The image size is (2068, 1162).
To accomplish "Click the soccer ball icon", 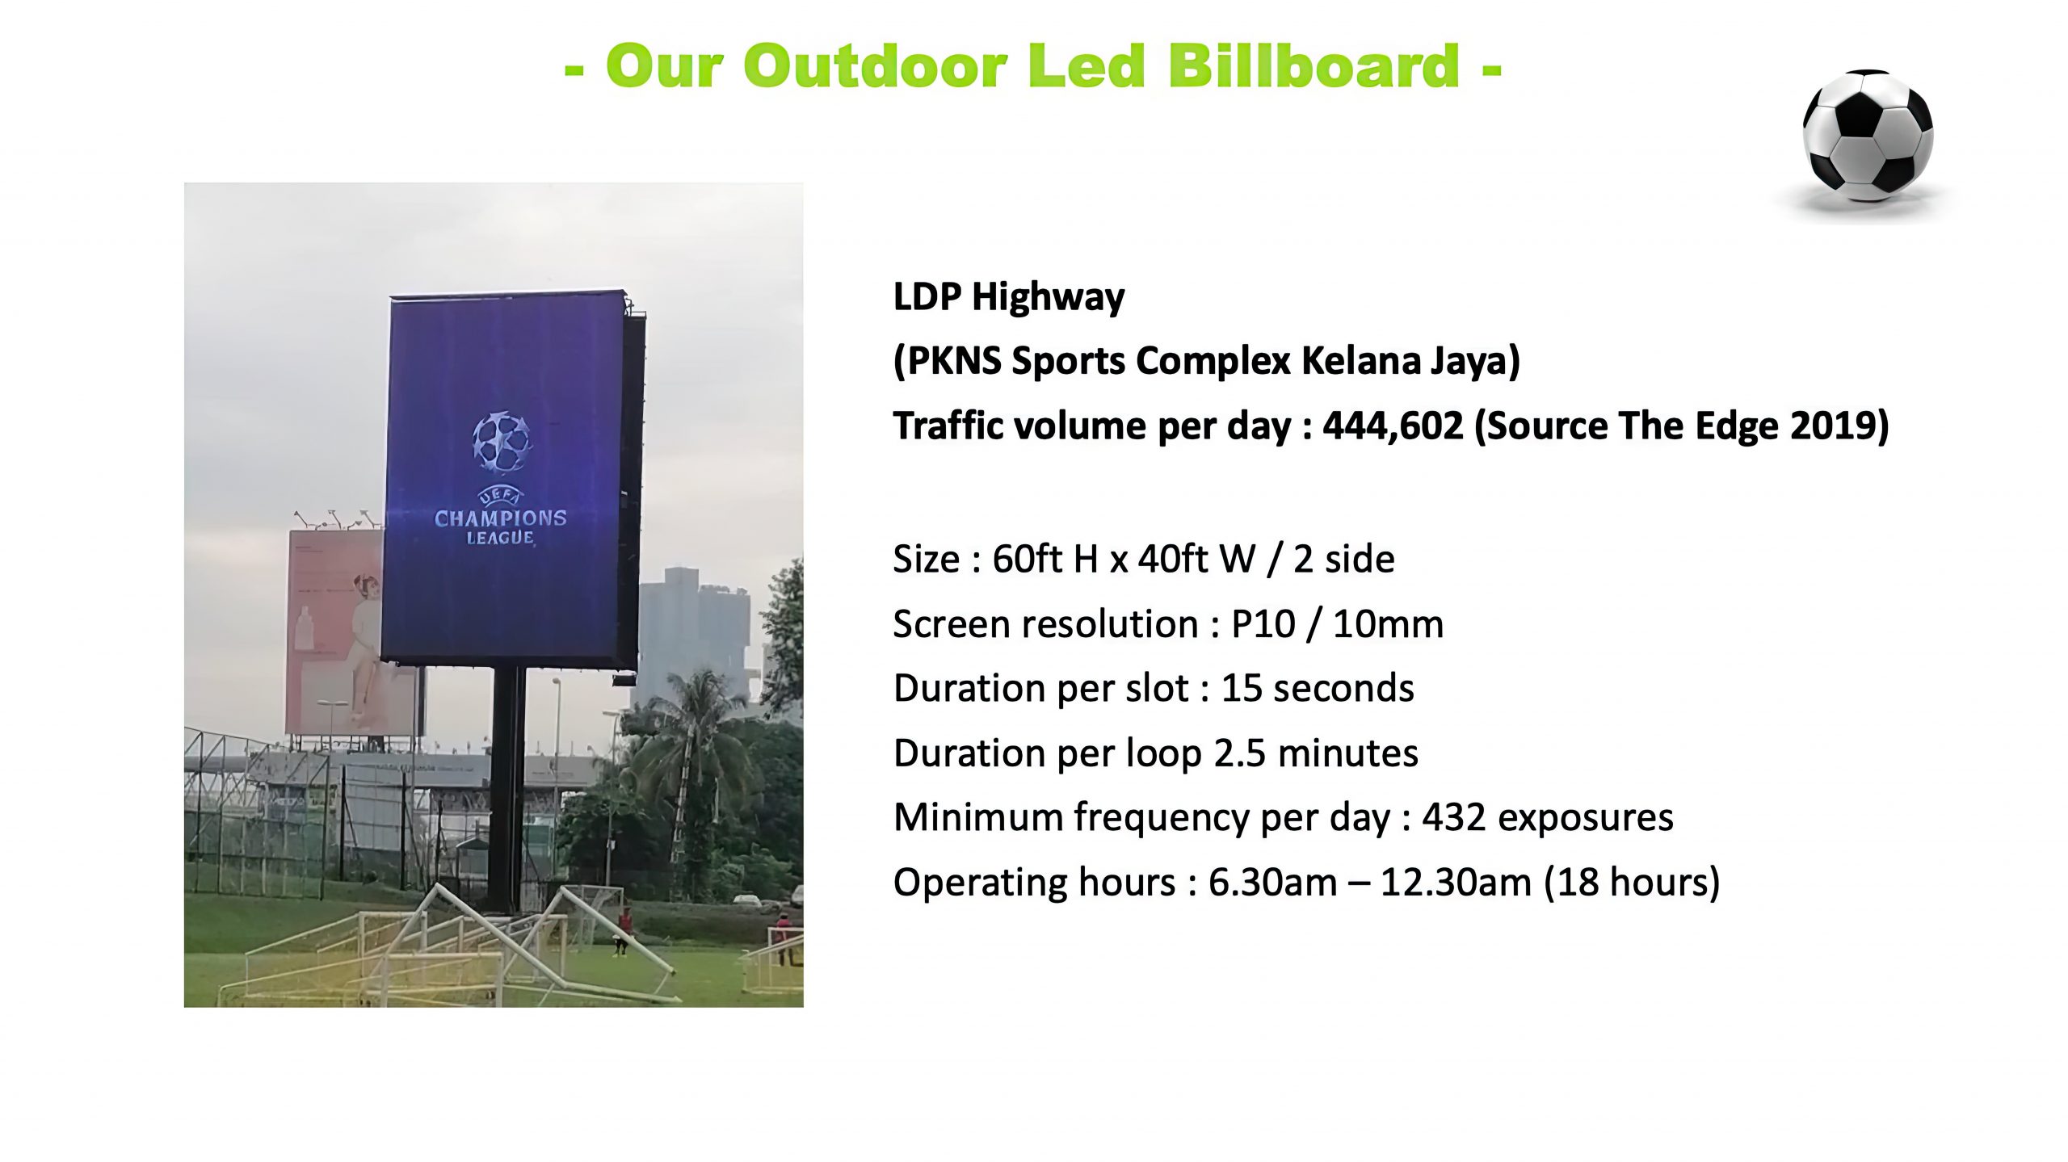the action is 1868,136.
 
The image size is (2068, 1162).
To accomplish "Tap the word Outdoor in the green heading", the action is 876,65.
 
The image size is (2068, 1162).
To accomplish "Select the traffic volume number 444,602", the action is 1393,426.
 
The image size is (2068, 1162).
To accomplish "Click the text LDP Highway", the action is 1008,298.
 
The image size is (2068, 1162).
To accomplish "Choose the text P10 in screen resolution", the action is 1263,623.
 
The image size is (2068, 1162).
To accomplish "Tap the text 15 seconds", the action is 1318,688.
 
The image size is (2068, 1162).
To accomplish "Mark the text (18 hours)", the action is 1632,882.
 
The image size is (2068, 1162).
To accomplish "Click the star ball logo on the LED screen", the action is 502,442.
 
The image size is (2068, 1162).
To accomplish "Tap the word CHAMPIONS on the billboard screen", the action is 501,518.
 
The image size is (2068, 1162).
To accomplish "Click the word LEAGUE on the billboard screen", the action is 500,538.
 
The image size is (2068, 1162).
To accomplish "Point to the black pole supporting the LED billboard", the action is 506,789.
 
